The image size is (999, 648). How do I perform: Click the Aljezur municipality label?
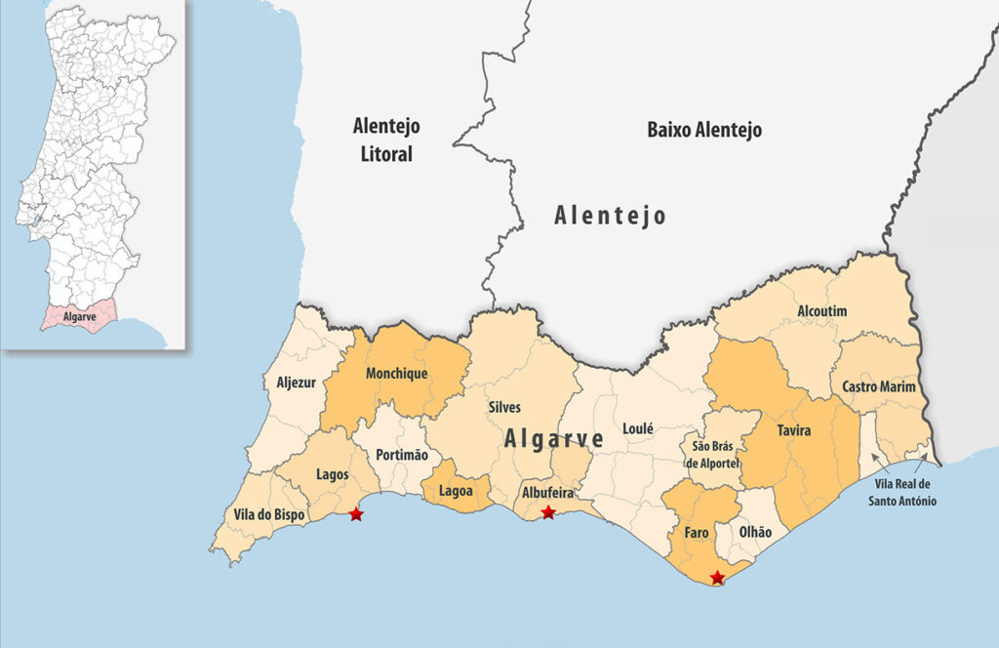tap(296, 383)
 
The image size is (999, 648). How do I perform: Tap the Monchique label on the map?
tap(396, 373)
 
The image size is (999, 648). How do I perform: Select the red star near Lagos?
tap(356, 513)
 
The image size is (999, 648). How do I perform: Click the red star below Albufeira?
tap(548, 512)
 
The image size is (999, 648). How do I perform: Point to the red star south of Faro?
tap(718, 578)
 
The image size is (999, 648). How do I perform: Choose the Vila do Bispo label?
tap(268, 514)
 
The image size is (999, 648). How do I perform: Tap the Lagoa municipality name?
tap(457, 491)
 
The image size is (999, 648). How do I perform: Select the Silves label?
tap(504, 407)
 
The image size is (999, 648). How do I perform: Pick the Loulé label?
tap(637, 427)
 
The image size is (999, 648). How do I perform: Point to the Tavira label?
tap(794, 429)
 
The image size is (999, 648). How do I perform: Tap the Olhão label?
tap(755, 532)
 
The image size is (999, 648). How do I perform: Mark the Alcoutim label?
tap(822, 310)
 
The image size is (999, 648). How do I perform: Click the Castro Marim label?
tap(879, 387)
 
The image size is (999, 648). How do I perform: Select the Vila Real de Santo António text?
tap(902, 492)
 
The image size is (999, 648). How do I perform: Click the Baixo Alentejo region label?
tap(704, 130)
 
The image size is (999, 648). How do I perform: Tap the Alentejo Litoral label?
tap(386, 140)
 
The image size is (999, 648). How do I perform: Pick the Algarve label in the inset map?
tap(79, 317)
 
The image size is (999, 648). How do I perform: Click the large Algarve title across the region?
tap(553, 439)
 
